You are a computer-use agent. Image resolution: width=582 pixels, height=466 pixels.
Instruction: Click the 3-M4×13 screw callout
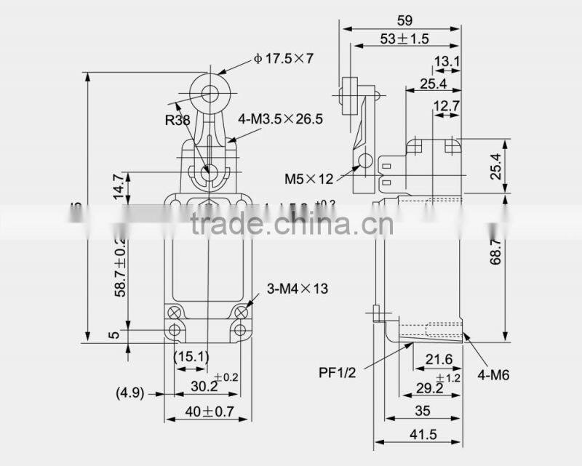pyautogui.click(x=299, y=289)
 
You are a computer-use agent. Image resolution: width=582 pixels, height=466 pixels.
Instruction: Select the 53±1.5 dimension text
pyautogui.click(x=403, y=38)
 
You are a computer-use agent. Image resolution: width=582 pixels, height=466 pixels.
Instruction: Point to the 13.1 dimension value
pyautogui.click(x=447, y=63)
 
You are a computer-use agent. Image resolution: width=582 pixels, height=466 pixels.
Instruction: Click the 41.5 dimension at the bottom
pyautogui.click(x=418, y=435)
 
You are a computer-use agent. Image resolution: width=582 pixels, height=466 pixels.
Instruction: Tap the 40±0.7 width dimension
pyautogui.click(x=208, y=412)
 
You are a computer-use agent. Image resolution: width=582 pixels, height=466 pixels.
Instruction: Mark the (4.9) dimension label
pyautogui.click(x=129, y=393)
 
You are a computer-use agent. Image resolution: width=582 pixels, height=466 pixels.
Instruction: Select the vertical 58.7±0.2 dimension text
pyautogui.click(x=121, y=265)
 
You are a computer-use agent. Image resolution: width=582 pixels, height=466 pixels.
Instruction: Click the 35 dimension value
pyautogui.click(x=422, y=411)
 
